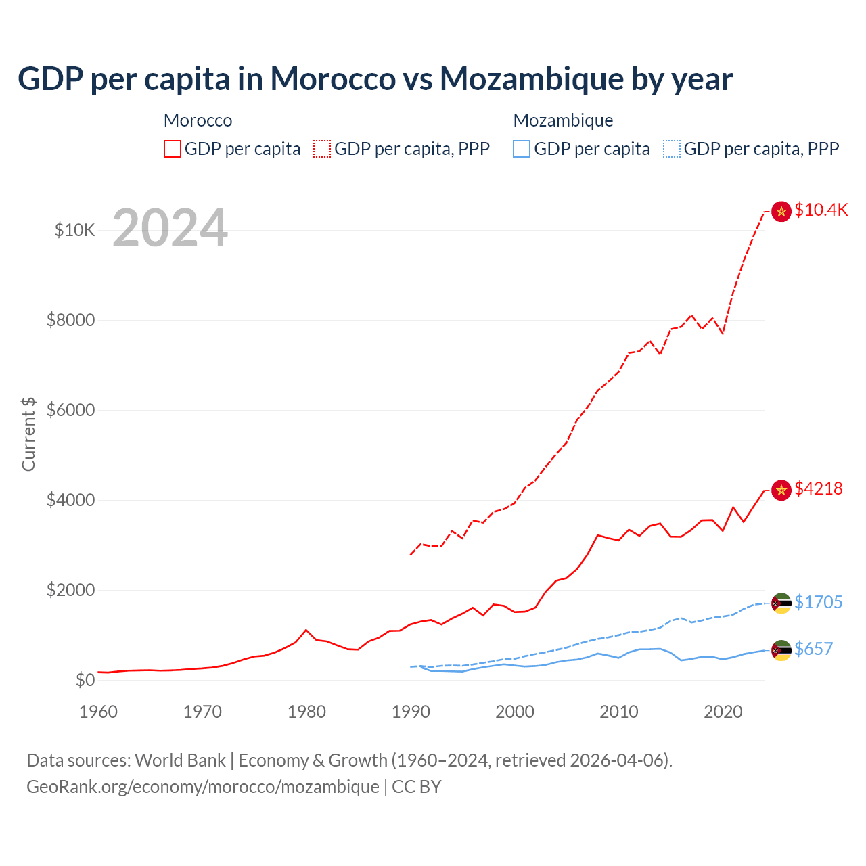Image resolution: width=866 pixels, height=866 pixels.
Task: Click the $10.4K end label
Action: (821, 210)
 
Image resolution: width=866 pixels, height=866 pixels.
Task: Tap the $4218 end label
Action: (818, 488)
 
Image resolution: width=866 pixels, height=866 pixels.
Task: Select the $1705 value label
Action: (818, 602)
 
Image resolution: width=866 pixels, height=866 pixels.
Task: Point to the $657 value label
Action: (813, 649)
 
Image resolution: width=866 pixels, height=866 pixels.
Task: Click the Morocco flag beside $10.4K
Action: (781, 212)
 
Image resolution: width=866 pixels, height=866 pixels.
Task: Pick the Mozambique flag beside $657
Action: (781, 650)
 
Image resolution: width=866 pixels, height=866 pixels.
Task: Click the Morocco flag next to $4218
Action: (781, 490)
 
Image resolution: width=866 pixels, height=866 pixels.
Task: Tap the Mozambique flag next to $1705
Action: (781, 603)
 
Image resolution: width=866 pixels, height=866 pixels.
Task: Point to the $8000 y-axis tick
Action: (70, 320)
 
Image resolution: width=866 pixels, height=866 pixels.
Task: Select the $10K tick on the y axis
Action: (74, 230)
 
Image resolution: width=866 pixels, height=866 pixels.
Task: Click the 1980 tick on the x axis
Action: (306, 712)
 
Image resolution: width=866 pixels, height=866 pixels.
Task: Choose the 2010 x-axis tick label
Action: (619, 712)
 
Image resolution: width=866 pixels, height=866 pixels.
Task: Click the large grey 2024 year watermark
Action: (170, 229)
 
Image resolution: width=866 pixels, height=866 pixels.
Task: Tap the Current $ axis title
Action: (28, 434)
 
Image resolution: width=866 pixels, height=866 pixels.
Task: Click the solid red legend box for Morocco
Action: (173, 149)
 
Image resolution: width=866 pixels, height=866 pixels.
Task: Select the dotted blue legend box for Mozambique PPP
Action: (672, 149)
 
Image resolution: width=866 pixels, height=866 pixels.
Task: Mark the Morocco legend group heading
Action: (198, 120)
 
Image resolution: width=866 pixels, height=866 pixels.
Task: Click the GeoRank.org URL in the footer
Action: (203, 787)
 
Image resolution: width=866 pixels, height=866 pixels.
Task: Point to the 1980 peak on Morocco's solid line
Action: (306, 630)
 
